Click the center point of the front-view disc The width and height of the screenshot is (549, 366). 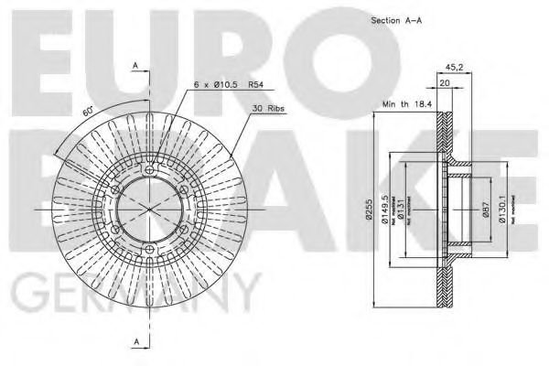click(x=149, y=210)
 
